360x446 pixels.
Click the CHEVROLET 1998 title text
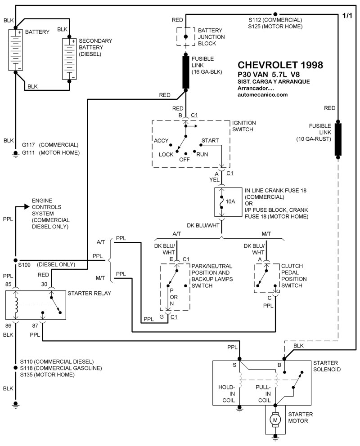coord(279,65)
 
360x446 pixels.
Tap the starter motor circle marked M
coord(274,420)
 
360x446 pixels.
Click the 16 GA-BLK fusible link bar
coord(185,72)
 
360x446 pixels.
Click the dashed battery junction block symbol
coord(185,36)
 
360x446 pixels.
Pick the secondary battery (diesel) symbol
coord(70,59)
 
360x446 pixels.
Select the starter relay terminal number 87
coord(36,326)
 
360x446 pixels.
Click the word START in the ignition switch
coord(210,141)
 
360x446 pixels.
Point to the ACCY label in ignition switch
coord(161,141)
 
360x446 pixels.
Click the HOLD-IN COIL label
coord(227,392)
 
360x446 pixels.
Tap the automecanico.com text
coord(262,95)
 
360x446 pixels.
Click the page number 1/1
coord(348,16)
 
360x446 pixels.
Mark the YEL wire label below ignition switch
coord(214,179)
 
